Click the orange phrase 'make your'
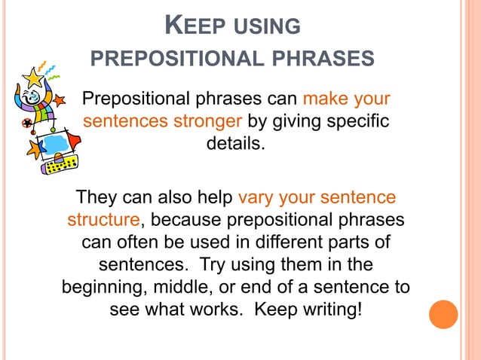coord(346,100)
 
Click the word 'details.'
coord(236,142)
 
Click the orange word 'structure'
coord(103,220)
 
